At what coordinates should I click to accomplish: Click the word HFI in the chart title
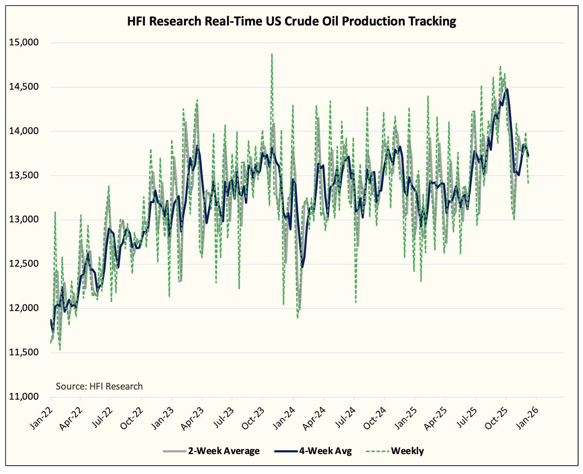tap(137, 22)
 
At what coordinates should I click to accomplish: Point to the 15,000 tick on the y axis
tap(24, 43)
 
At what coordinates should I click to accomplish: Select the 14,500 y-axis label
tap(24, 87)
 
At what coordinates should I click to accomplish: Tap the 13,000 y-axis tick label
tap(24, 220)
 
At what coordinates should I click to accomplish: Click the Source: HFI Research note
tap(99, 387)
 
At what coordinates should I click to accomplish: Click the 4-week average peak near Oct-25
tap(507, 89)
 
